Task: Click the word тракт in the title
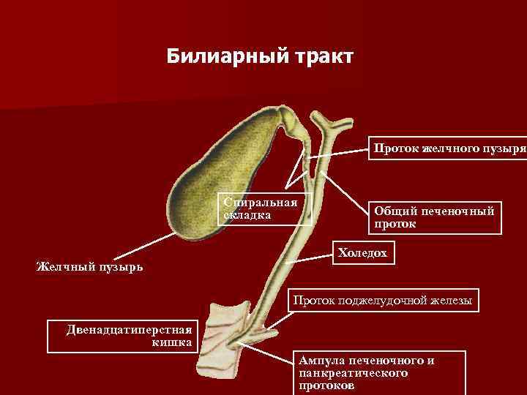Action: click(x=323, y=56)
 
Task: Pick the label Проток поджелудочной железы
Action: click(x=383, y=300)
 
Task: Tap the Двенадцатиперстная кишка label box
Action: click(x=122, y=335)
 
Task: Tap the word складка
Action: click(x=248, y=214)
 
